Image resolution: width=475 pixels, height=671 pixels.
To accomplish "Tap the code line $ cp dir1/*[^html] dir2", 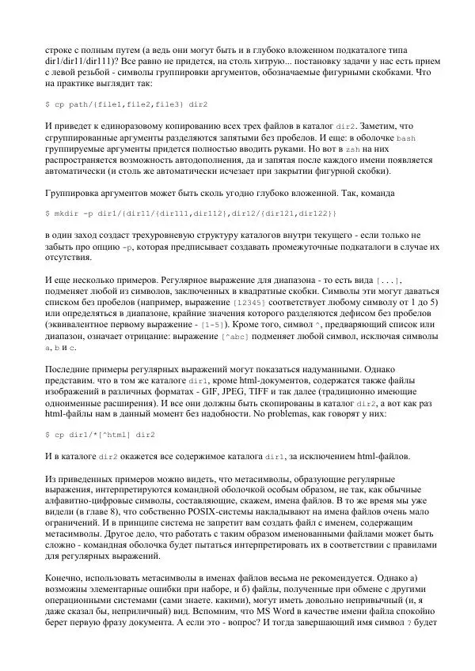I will click(101, 435).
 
